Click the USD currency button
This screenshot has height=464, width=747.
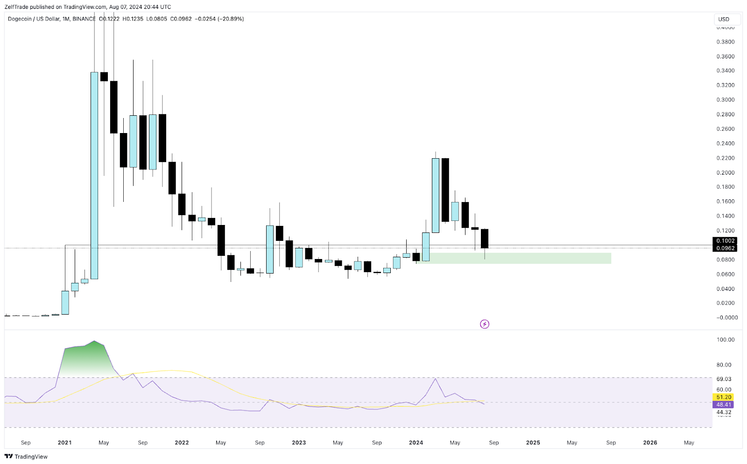[x=727, y=19]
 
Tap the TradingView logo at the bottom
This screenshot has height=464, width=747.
[x=26, y=457]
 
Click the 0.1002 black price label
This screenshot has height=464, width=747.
[x=725, y=241]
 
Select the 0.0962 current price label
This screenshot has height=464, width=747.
[x=725, y=248]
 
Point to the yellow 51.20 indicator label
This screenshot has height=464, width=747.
[x=724, y=397]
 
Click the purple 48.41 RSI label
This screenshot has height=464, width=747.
[x=724, y=405]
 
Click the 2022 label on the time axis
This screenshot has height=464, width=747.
[x=182, y=443]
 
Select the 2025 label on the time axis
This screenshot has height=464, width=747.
[x=533, y=443]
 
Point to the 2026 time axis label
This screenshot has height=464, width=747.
[x=650, y=443]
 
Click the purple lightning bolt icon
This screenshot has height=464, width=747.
[x=485, y=324]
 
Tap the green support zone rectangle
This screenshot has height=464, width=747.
[x=537, y=258]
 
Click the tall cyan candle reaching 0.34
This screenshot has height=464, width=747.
[x=94, y=175]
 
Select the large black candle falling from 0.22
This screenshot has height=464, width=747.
[x=445, y=190]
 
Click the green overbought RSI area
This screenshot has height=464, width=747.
[x=86, y=359]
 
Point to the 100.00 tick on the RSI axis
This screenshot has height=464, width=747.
[x=725, y=340]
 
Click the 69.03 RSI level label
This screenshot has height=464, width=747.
[x=724, y=379]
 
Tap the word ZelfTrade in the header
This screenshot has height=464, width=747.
[x=16, y=7]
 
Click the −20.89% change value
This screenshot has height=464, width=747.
[x=231, y=19]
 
